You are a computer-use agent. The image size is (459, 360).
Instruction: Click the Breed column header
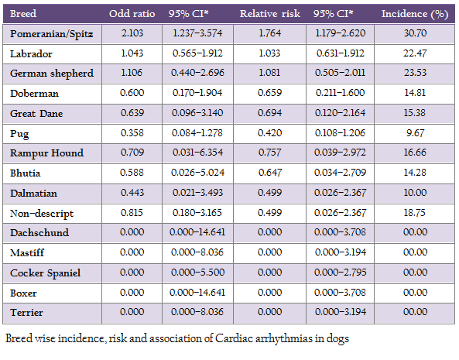pos(23,13)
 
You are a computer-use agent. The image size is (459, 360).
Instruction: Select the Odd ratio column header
pos(132,13)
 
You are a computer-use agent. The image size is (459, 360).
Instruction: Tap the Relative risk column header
pos(270,13)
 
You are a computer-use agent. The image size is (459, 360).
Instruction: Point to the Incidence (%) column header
pos(415,14)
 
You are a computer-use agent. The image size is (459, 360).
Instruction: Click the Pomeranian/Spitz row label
pos(52,34)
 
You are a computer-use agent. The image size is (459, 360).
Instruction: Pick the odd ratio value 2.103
pos(132,33)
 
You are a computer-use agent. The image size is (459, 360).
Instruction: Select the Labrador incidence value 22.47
pos(415,53)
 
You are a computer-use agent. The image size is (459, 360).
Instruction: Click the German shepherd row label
pos(52,74)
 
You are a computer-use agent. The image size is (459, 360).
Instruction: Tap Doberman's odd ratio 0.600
pos(132,93)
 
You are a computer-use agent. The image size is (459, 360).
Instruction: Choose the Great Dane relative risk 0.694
pos(269,113)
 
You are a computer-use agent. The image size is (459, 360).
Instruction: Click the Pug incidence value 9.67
pos(415,133)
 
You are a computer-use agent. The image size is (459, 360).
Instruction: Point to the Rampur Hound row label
pos(47,153)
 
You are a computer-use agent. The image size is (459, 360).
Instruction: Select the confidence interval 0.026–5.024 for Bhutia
pos(198,173)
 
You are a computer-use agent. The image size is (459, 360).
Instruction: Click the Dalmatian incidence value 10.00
pos(415,193)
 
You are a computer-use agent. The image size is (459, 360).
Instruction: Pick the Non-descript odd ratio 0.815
pos(132,213)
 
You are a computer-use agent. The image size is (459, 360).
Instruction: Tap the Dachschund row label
pos(39,233)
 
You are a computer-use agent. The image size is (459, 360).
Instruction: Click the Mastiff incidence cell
pos(415,252)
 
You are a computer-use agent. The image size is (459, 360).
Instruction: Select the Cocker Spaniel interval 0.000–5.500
pos(198,273)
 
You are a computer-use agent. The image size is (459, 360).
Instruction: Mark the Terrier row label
pos(26,313)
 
